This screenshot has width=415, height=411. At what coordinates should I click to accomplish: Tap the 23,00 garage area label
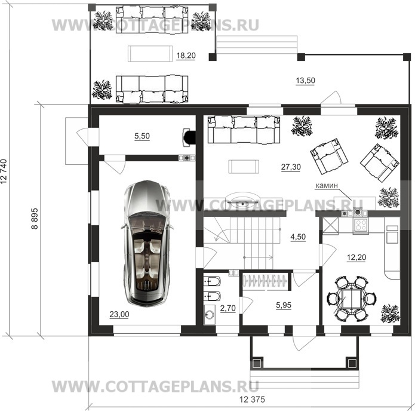[119, 314]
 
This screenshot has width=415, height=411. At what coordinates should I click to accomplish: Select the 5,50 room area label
[142, 136]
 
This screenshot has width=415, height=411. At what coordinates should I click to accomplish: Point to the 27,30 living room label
[291, 167]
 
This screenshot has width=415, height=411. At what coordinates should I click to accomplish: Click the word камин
[327, 185]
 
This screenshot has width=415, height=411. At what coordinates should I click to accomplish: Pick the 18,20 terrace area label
[186, 56]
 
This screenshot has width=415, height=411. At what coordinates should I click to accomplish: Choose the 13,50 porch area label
[305, 81]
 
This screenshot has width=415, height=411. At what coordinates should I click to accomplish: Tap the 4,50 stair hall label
[298, 237]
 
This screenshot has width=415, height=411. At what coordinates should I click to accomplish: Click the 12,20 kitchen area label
[356, 257]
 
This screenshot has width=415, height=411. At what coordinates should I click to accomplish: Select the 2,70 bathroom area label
[228, 308]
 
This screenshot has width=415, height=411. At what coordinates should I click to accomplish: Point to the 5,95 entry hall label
[284, 305]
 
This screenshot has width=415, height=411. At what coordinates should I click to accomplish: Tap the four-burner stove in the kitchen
[361, 225]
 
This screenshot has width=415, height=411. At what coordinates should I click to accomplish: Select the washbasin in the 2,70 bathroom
[210, 315]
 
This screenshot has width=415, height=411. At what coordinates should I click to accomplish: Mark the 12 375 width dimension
[252, 399]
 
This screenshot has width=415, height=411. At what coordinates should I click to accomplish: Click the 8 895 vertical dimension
[35, 219]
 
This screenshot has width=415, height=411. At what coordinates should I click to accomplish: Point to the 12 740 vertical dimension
[4, 171]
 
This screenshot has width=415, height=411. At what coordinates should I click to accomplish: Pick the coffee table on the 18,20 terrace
[150, 54]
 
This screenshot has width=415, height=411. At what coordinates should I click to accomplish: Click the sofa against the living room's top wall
[244, 130]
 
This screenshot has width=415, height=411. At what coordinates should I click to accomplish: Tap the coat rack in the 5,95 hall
[265, 281]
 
